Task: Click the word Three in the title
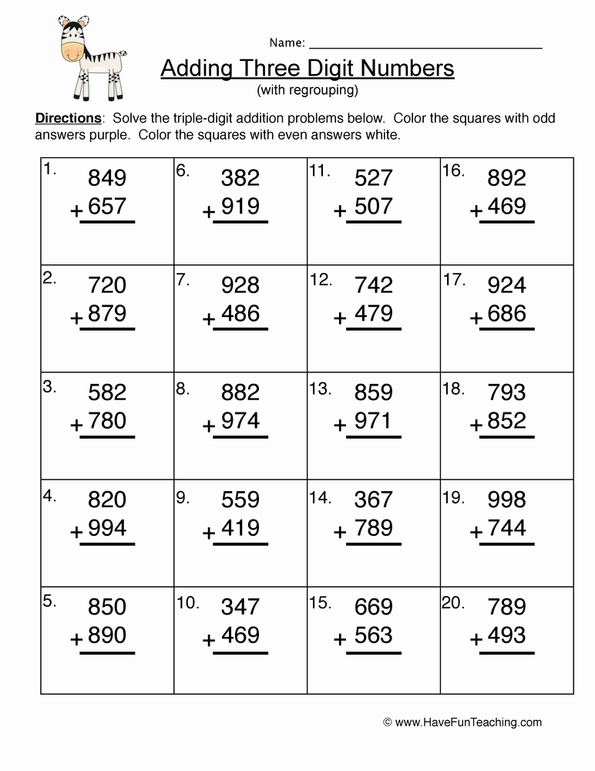(x=269, y=69)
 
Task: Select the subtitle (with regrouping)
(x=308, y=90)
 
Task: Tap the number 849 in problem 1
(x=107, y=179)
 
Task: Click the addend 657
(x=107, y=207)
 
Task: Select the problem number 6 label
(x=182, y=170)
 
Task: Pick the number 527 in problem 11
(x=374, y=179)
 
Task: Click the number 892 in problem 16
(x=506, y=179)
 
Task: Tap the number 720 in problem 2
(x=107, y=286)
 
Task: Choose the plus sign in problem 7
(x=209, y=318)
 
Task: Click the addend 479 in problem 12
(x=374, y=314)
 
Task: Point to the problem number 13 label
(x=320, y=389)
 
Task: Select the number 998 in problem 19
(x=506, y=500)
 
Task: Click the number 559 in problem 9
(x=240, y=500)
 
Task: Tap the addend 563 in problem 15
(x=374, y=635)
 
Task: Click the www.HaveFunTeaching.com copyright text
(x=462, y=722)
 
